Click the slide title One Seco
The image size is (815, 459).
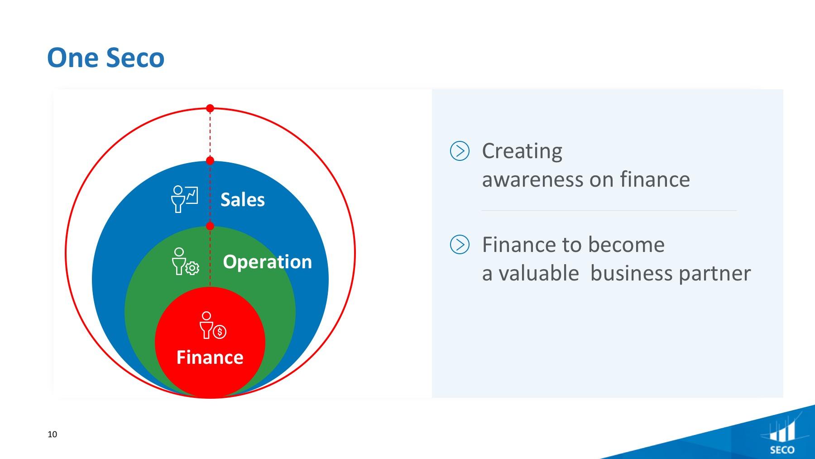[x=105, y=58]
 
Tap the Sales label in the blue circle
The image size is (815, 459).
[x=243, y=200]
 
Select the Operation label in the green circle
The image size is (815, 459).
[x=268, y=262]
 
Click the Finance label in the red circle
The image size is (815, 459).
[x=210, y=358]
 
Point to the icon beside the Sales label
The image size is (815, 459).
[x=184, y=198]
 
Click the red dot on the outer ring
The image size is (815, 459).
[x=210, y=108]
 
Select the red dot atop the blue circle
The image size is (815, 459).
[x=210, y=161]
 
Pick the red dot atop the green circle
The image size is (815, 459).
[x=210, y=226]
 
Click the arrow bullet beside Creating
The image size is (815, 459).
[x=460, y=151]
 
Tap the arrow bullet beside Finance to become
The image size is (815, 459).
[x=460, y=245]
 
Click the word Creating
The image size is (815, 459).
[x=522, y=151]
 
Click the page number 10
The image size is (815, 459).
[x=53, y=435]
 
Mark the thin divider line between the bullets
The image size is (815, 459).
[x=609, y=211]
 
